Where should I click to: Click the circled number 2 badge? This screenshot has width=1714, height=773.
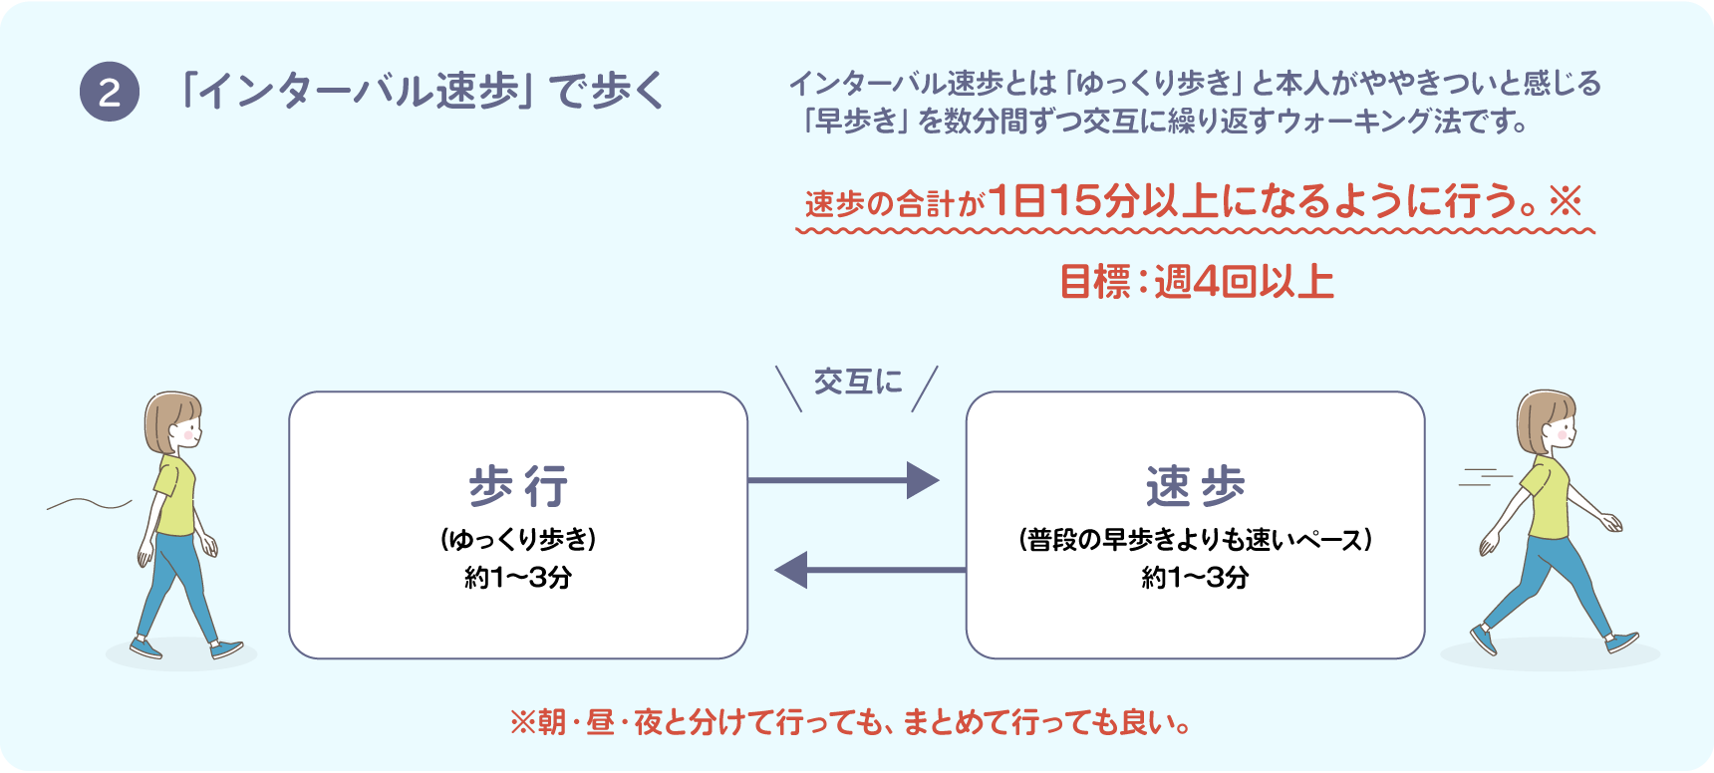[x=110, y=93]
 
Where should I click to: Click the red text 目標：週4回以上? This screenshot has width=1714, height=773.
[x=1196, y=282]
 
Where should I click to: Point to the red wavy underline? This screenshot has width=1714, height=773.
[x=1195, y=231]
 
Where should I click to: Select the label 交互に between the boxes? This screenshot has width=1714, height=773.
[x=858, y=382]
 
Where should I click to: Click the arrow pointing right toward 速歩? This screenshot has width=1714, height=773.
[x=843, y=480]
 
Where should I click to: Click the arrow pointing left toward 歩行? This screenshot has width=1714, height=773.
[x=869, y=570]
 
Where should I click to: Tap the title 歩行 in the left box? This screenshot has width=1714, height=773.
[x=518, y=486]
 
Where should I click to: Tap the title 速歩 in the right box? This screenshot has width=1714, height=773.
[x=1195, y=486]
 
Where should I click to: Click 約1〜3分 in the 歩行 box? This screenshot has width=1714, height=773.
[x=518, y=578]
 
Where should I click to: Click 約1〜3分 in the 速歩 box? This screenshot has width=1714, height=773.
[x=1195, y=578]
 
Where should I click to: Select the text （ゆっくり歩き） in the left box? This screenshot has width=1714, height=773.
[x=518, y=540]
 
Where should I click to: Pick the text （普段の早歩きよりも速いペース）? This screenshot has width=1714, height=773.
[x=1195, y=540]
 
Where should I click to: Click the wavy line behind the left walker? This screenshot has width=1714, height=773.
[x=89, y=504]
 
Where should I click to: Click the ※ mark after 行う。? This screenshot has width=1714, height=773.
[x=1566, y=202]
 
